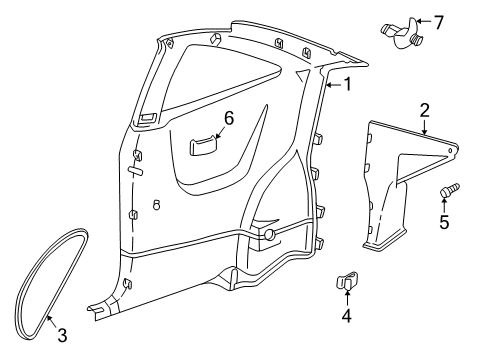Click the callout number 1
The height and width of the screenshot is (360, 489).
(347, 85)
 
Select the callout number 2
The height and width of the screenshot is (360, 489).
(424, 112)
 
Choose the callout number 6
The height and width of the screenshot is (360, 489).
(227, 118)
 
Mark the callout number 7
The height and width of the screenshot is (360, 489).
(436, 19)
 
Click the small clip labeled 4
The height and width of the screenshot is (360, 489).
(346, 284)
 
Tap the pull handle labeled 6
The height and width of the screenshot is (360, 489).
(203, 145)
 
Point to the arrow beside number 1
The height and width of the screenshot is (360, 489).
(333, 85)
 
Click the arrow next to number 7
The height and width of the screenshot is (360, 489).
(421, 20)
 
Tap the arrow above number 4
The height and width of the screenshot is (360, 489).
(347, 300)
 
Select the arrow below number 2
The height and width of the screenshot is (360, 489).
(425, 128)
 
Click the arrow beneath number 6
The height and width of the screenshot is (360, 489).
(222, 132)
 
